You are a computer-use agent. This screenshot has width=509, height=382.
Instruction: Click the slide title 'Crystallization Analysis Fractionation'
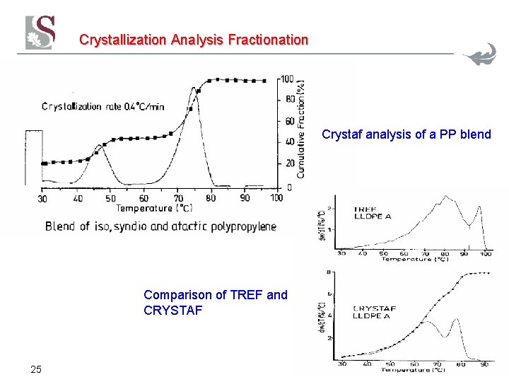click(x=194, y=40)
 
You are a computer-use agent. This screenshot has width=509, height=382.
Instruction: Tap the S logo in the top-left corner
click(x=40, y=33)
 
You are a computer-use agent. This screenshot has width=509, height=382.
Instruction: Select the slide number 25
click(x=36, y=369)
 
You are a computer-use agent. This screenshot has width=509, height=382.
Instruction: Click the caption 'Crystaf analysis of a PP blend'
click(x=406, y=134)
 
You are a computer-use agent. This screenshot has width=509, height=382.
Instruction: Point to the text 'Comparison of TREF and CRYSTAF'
click(x=215, y=302)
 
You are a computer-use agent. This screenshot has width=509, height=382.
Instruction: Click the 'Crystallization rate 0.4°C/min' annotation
click(x=103, y=106)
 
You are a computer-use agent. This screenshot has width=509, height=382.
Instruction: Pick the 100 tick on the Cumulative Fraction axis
click(x=287, y=79)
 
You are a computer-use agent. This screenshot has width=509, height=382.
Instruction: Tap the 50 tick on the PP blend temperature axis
click(x=110, y=198)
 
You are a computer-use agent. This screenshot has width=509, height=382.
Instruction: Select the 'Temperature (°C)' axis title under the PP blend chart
click(x=154, y=208)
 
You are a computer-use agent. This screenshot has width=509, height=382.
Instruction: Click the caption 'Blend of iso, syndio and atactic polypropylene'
click(x=160, y=226)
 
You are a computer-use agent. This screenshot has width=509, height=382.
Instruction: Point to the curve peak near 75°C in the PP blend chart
click(x=193, y=88)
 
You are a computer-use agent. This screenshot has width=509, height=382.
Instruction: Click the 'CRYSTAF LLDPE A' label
click(x=374, y=312)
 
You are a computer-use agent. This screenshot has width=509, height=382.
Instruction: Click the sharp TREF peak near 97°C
click(x=480, y=207)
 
